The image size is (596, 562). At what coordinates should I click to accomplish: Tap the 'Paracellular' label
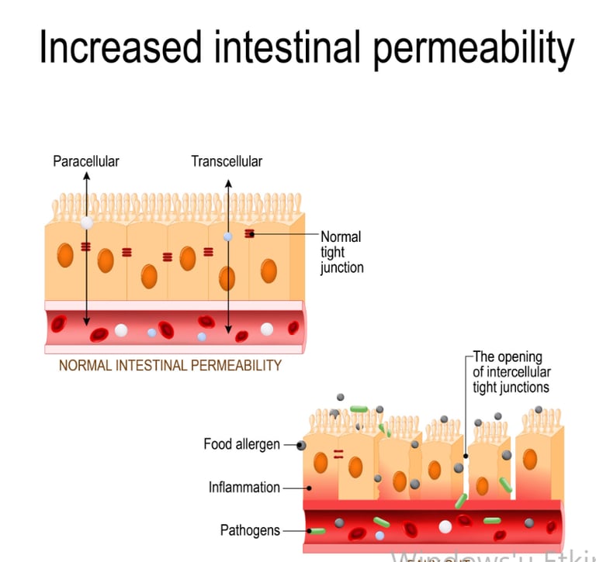point(86,161)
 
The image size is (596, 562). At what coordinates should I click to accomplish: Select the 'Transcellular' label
point(227,161)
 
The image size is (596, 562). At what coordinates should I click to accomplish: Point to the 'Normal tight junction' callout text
point(341,252)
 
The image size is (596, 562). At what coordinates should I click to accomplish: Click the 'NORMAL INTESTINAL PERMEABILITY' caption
point(170,365)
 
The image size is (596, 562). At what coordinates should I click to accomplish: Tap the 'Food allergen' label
point(241,444)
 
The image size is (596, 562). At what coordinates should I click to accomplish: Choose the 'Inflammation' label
point(244,488)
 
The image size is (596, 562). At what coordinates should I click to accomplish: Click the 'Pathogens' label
point(250,531)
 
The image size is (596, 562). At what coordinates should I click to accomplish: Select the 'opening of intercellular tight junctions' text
point(511,372)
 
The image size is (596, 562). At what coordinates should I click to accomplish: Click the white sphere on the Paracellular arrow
point(87,222)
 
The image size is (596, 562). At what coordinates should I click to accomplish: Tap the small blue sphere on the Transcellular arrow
point(227,236)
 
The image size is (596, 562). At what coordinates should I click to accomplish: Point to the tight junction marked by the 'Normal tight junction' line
point(250,233)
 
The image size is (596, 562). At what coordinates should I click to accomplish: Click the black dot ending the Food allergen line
point(299,446)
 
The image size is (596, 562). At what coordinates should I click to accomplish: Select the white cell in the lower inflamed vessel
point(445,527)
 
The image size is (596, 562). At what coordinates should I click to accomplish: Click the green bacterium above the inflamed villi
point(359,409)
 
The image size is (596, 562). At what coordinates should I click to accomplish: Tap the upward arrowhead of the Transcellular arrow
point(227,183)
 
